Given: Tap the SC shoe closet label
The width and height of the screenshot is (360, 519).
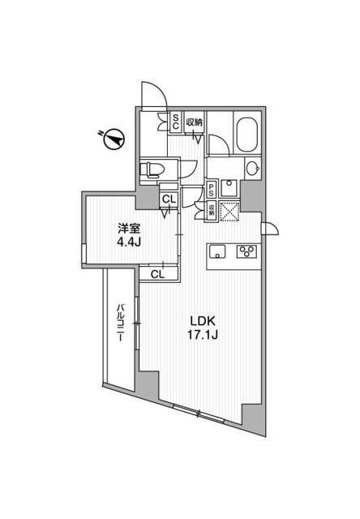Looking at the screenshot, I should pos(175,122).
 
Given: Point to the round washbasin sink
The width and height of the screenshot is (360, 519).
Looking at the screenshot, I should pos(252,169).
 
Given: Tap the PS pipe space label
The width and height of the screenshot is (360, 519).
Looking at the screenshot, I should pos(211,191).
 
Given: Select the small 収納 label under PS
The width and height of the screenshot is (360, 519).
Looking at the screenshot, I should pos(211,208).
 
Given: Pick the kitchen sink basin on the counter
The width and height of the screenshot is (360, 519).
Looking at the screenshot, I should pos(218,251).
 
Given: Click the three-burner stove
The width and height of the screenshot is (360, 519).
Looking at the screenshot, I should pos(245,251).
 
